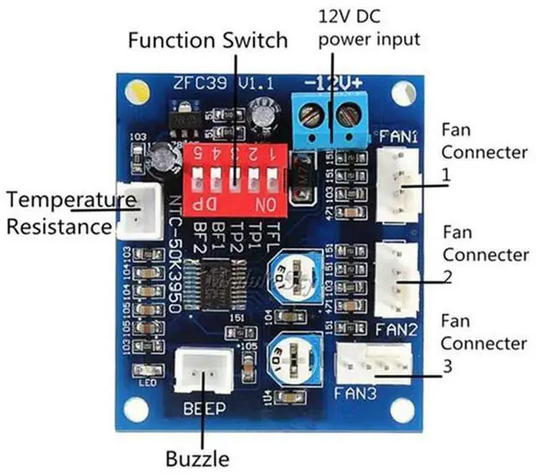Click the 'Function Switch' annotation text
[207, 39]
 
